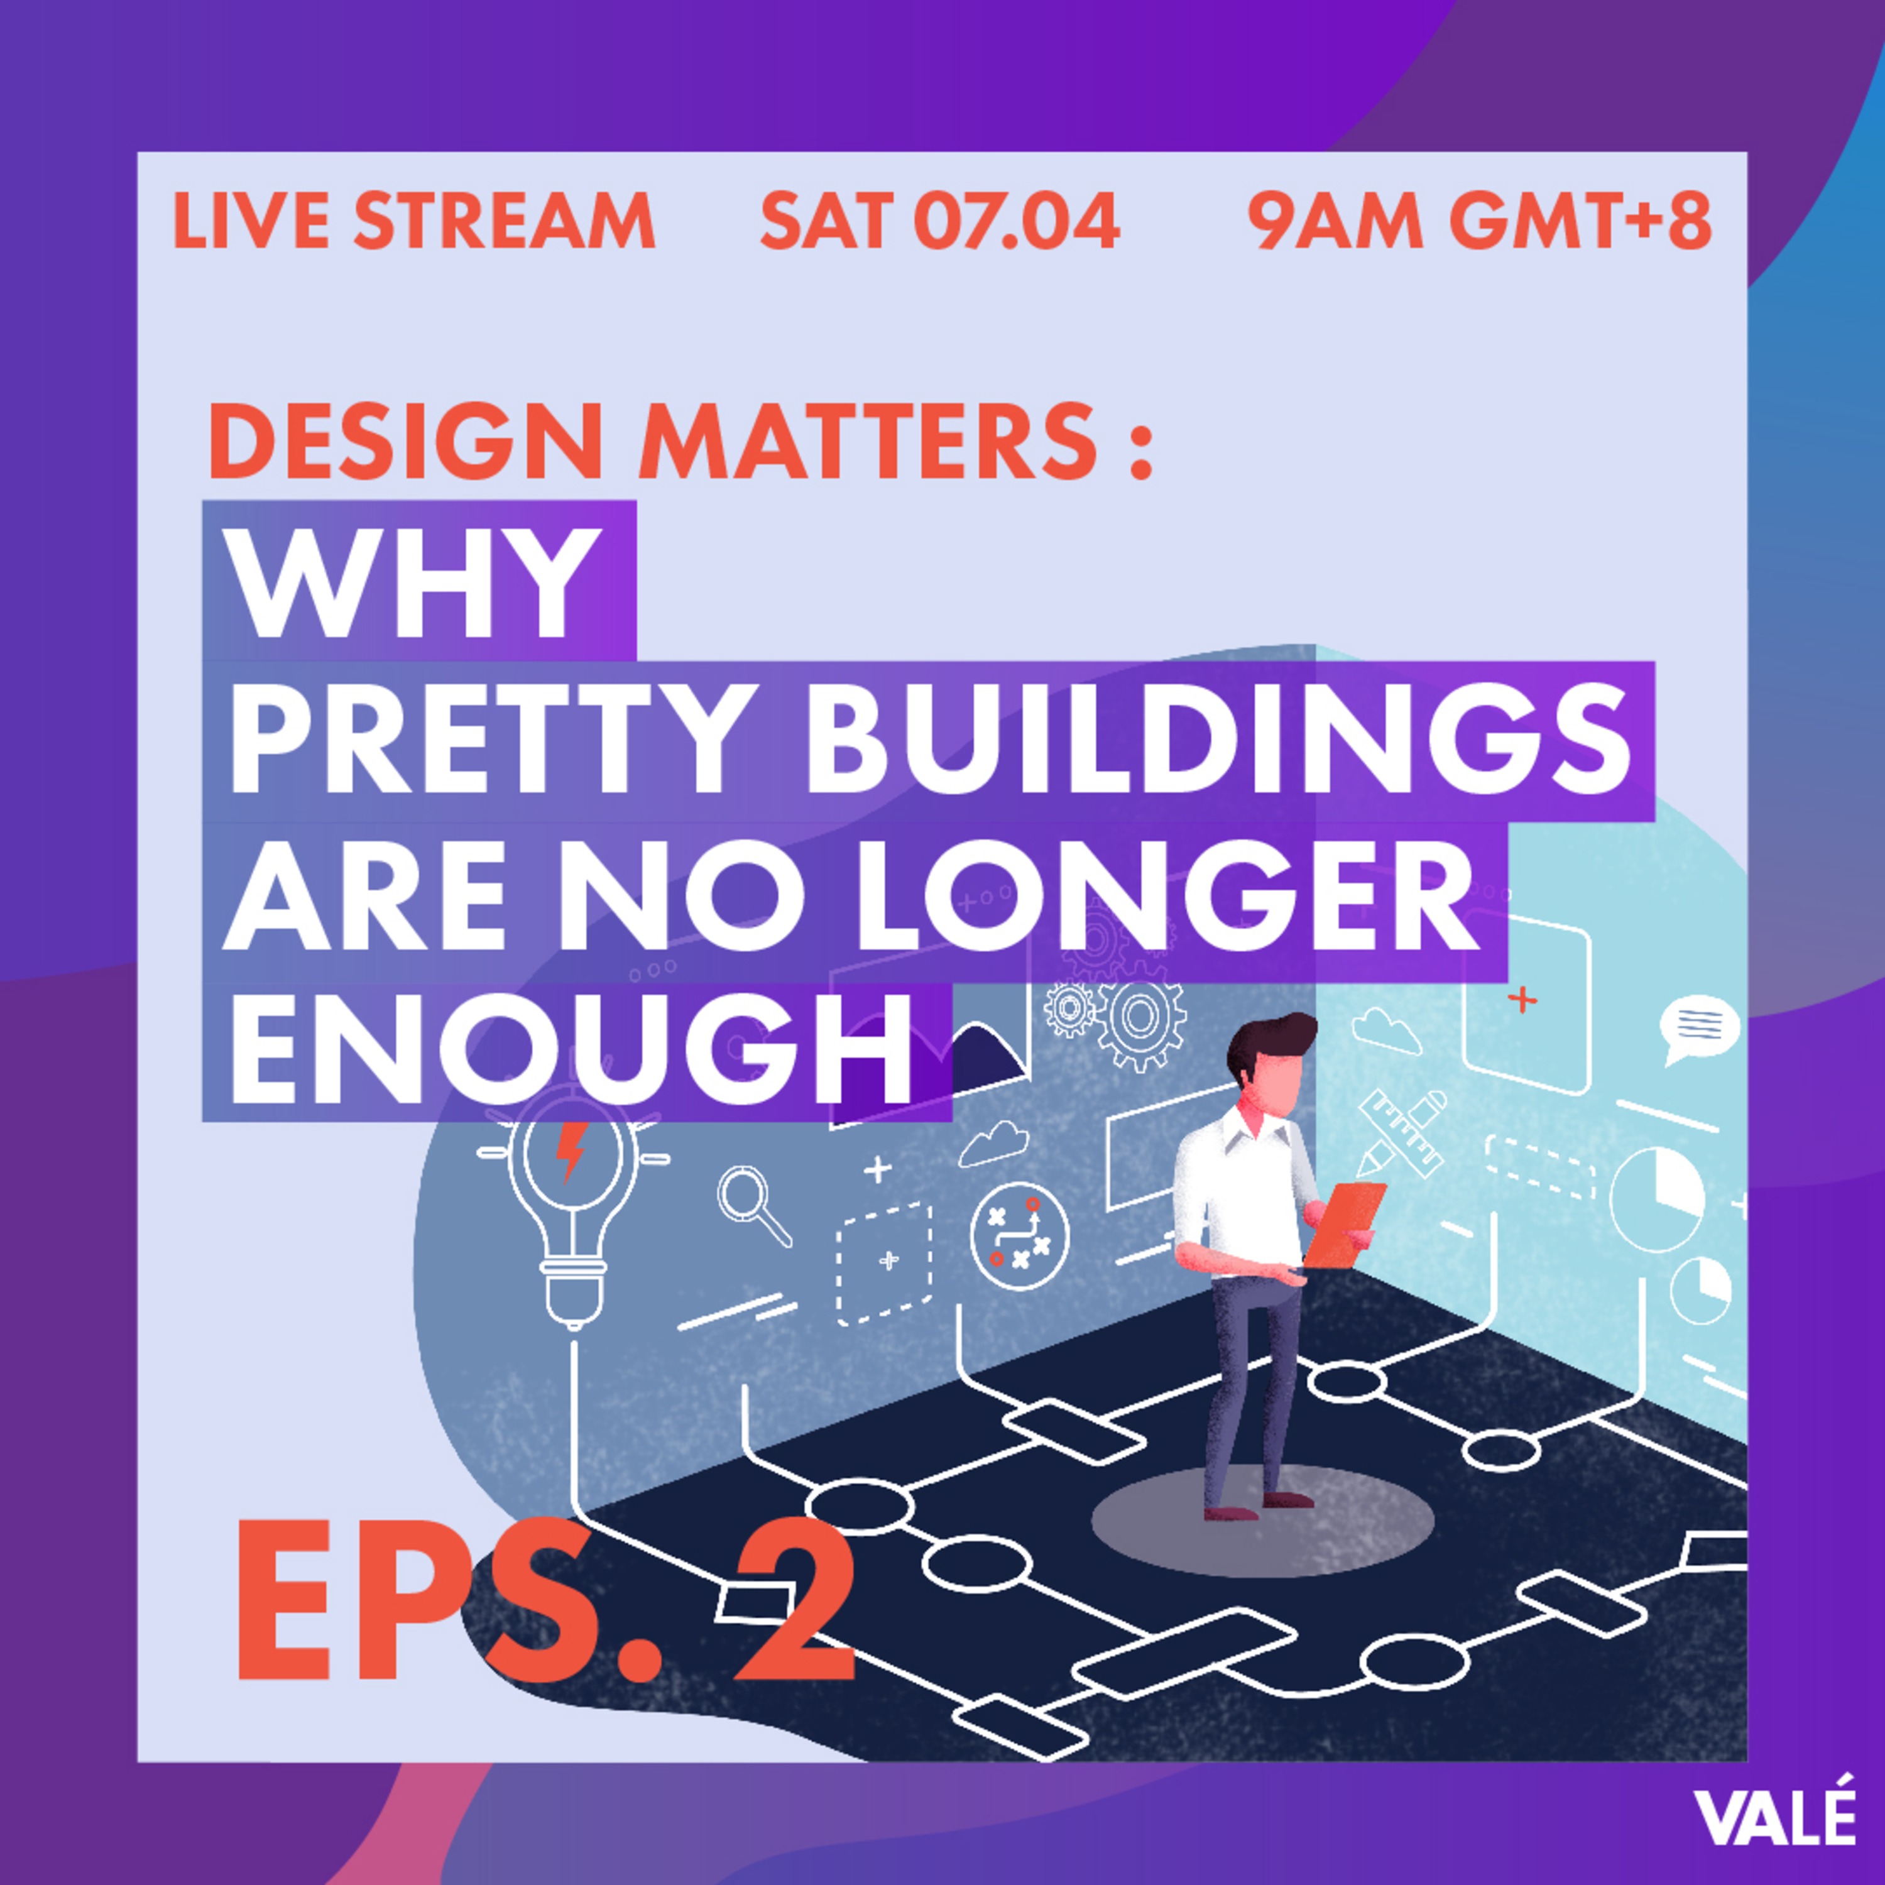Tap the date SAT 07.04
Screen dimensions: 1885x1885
[939, 221]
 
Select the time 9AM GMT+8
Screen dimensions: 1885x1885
[1479, 221]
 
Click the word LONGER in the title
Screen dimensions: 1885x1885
[1161, 899]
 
